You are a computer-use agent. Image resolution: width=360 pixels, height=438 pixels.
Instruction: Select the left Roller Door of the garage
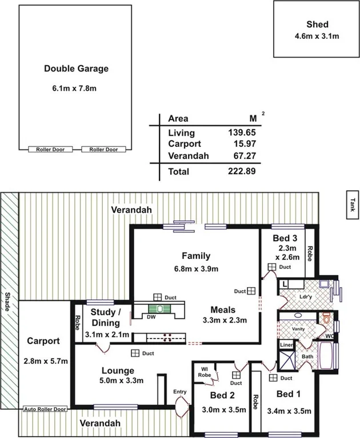pyautogui.click(x=51, y=149)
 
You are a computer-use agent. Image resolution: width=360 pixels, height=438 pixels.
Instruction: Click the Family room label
pyautogui.click(x=196, y=256)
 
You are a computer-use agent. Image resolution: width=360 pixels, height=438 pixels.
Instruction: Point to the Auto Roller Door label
pyautogui.click(x=45, y=409)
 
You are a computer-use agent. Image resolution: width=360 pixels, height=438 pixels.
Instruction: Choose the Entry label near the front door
pyautogui.click(x=179, y=391)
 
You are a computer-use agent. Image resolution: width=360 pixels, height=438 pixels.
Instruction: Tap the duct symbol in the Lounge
pyautogui.click(x=135, y=353)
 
